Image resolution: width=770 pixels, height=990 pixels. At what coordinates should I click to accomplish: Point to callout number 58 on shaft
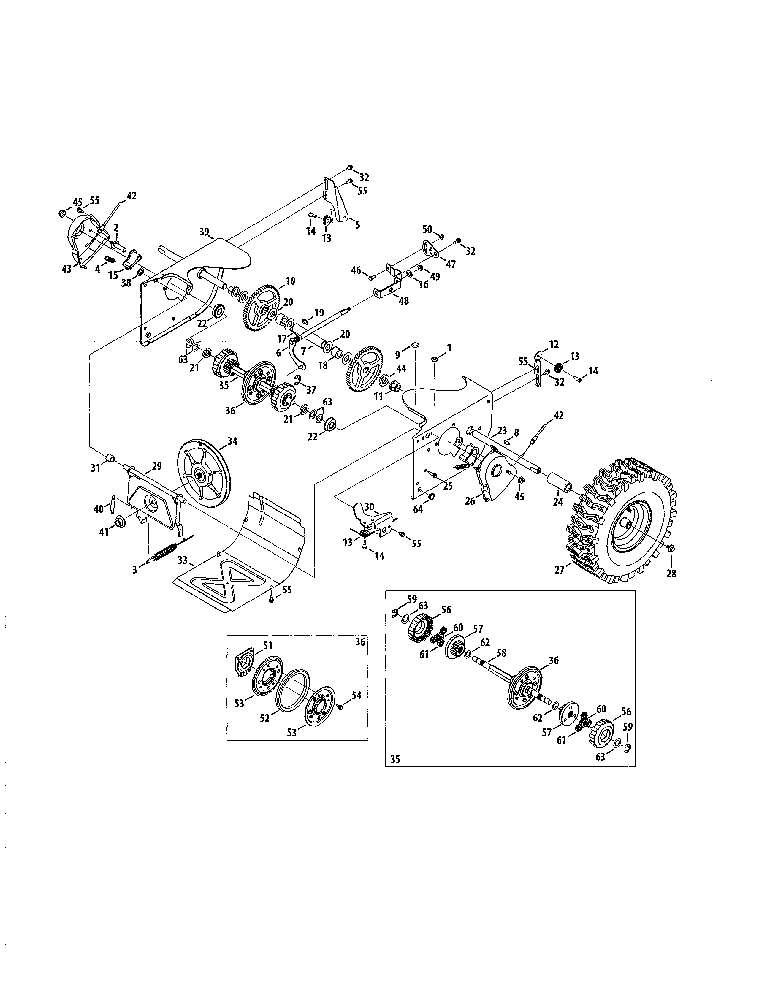pyautogui.click(x=501, y=653)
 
